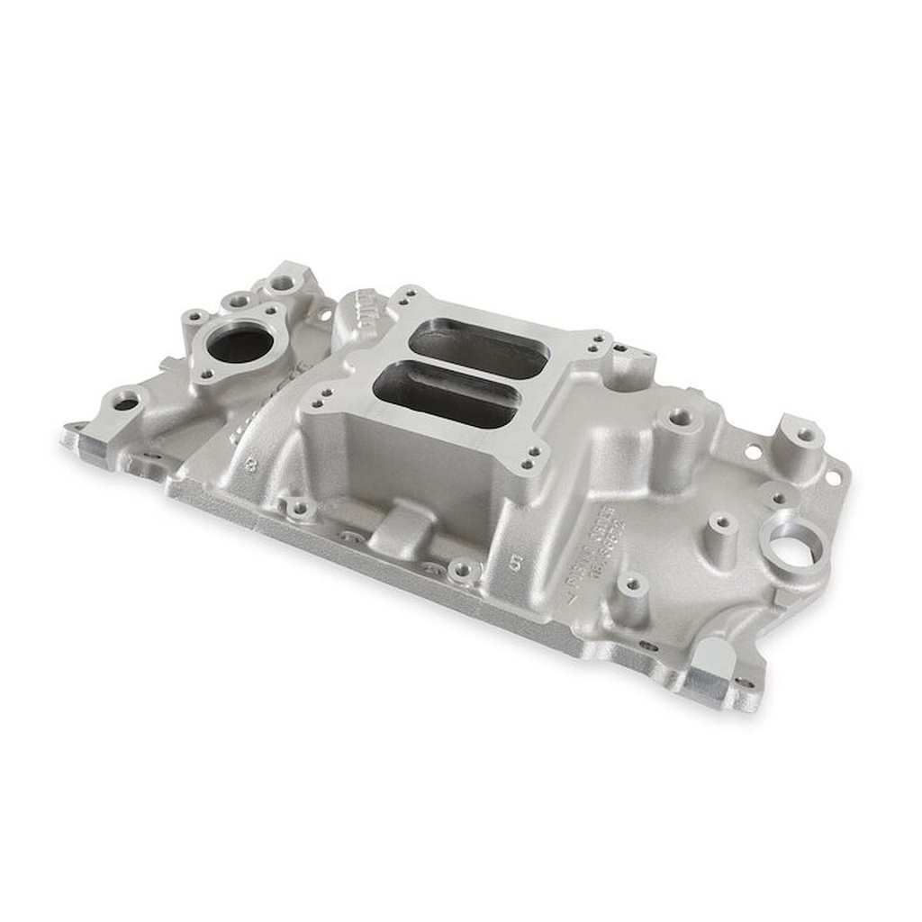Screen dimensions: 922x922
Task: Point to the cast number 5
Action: pos(514,564)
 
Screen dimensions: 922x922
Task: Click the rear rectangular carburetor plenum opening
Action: pos(478,348)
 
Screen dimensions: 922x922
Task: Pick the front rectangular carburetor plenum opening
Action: pos(445,393)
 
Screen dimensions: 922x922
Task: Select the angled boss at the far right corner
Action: pos(800,445)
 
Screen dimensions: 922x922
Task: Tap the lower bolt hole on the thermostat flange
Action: pos(206,374)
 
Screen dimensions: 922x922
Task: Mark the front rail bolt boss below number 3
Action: pos(298,509)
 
